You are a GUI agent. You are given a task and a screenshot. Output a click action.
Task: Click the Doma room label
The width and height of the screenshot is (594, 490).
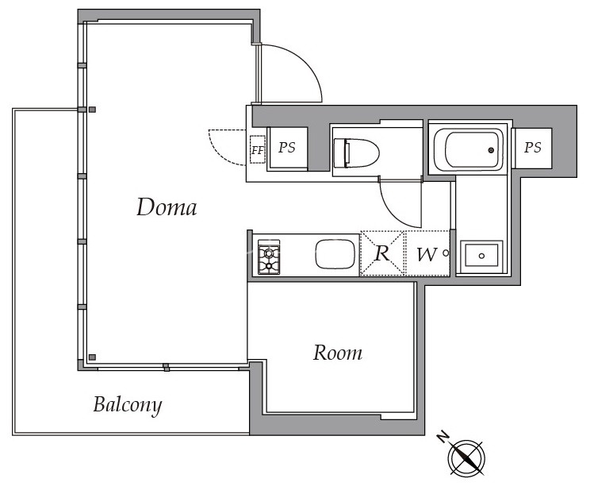[x=167, y=207]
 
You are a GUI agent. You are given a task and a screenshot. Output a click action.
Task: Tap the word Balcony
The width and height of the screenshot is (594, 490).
[x=128, y=405]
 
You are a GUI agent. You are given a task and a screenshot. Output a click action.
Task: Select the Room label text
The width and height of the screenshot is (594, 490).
[x=338, y=353]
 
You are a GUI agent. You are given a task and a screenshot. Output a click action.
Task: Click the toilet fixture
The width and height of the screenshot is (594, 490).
[x=356, y=153]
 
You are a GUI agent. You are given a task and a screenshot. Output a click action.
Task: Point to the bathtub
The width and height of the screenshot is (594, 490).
[x=468, y=150]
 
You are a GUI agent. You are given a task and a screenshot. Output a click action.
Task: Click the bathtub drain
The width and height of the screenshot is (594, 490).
[x=491, y=150]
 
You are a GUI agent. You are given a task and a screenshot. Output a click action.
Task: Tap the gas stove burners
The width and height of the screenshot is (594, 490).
[x=269, y=257]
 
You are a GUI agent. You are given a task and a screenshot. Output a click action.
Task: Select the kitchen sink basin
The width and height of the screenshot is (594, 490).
[x=335, y=253]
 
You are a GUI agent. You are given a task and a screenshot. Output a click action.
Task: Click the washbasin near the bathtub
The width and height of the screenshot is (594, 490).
[x=481, y=256]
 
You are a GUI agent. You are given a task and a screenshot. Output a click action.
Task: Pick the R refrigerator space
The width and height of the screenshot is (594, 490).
[x=382, y=253]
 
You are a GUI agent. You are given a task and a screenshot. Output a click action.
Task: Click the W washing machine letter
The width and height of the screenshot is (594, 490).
[x=427, y=254]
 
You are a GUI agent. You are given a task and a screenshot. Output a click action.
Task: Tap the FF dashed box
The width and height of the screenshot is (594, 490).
[x=258, y=149]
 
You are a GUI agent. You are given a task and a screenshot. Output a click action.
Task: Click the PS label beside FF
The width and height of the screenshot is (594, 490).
[x=287, y=148]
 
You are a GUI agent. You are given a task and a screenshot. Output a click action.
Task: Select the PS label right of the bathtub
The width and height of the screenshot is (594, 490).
[x=533, y=147]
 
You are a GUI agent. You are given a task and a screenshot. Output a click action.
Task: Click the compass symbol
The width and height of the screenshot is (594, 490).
[x=466, y=457]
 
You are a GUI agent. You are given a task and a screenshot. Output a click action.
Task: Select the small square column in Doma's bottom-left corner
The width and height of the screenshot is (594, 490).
[x=92, y=357]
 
